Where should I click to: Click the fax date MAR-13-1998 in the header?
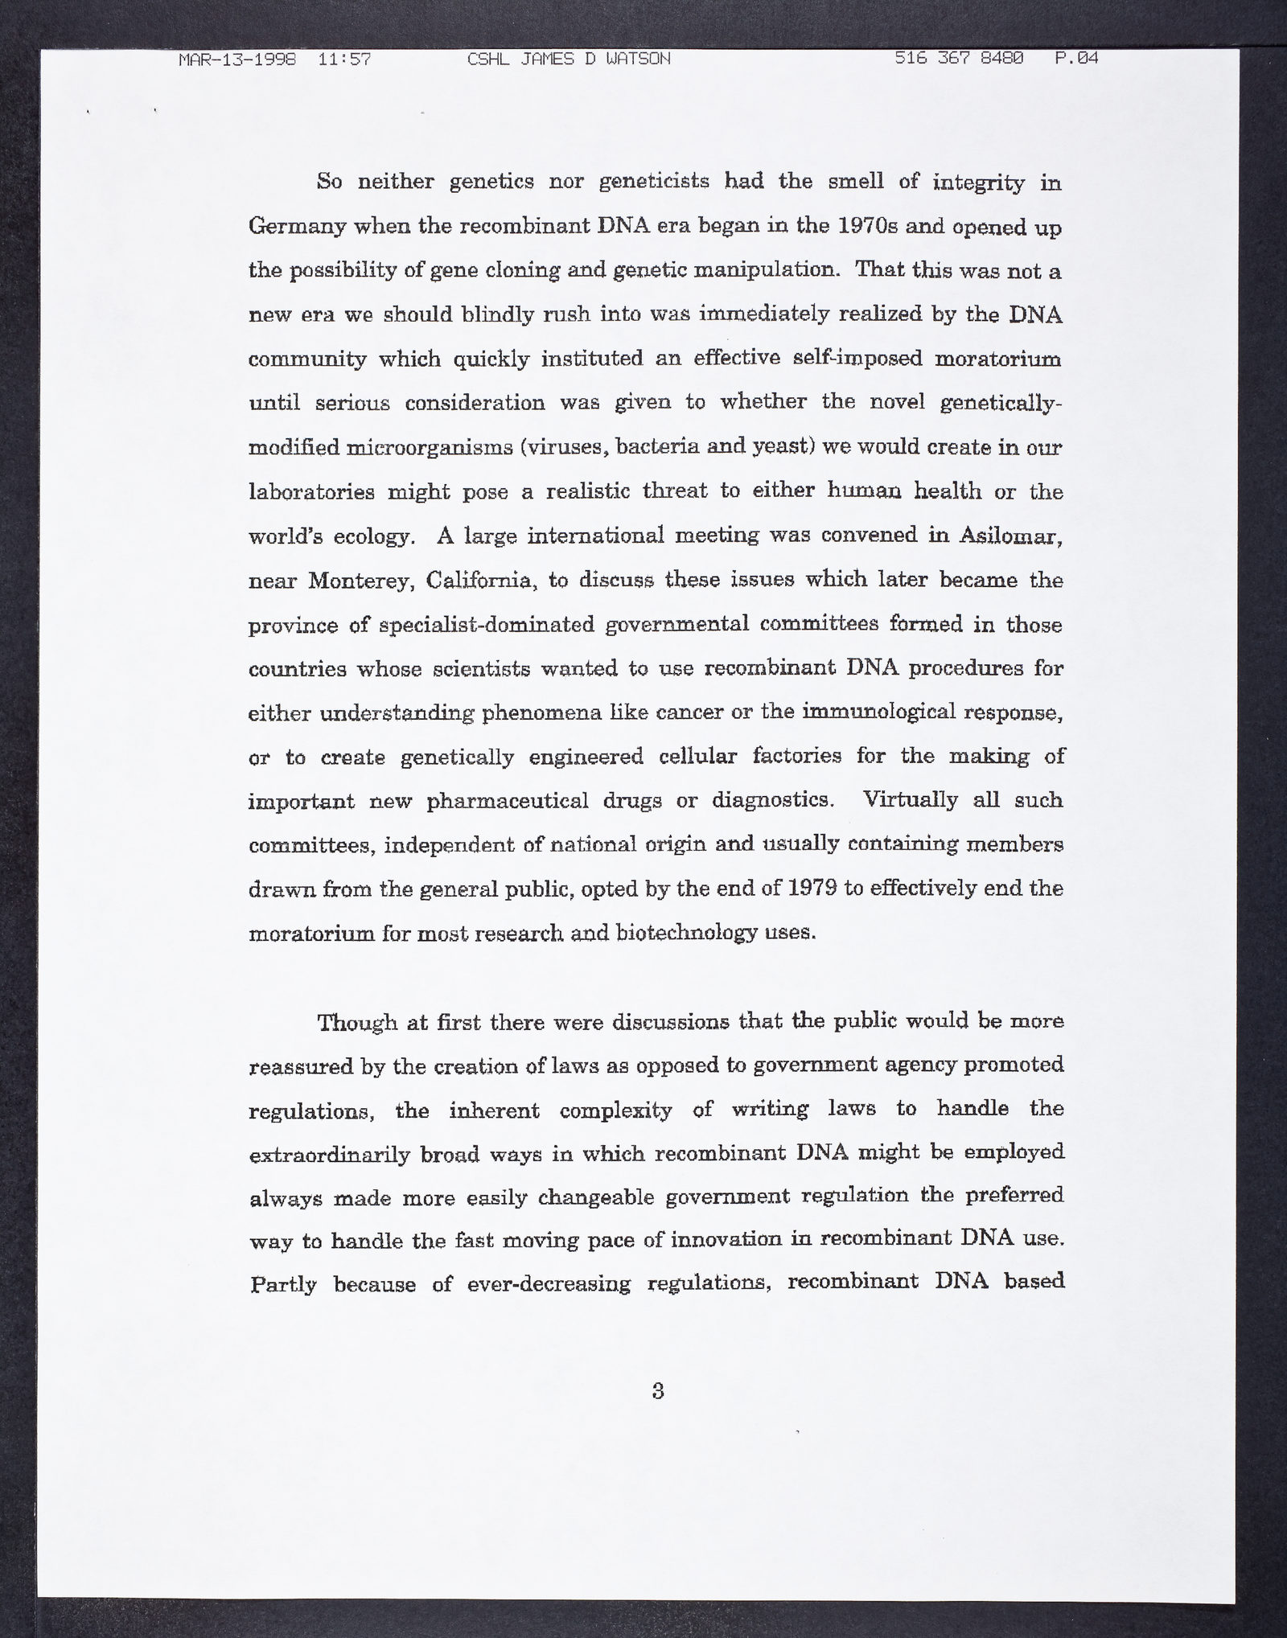[x=237, y=60]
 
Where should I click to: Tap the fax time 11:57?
[x=344, y=60]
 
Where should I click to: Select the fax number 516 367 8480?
[x=959, y=59]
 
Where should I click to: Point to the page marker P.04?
[x=1076, y=59]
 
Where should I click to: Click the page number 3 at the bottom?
[x=658, y=1391]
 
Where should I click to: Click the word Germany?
[x=295, y=228]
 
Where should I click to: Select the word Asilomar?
[x=1012, y=536]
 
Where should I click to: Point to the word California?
[x=481, y=581]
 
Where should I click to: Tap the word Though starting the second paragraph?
[x=356, y=1023]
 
